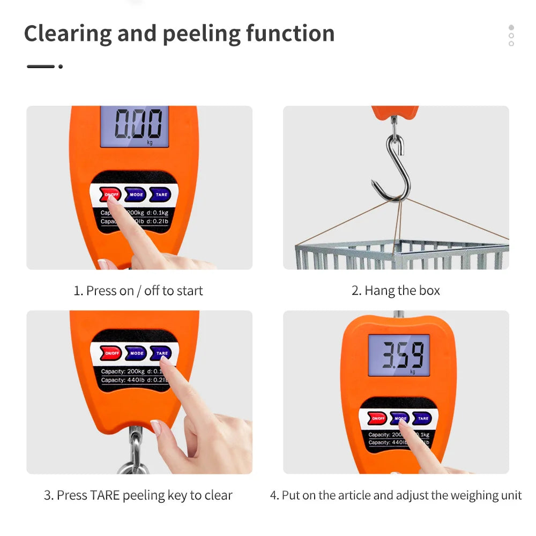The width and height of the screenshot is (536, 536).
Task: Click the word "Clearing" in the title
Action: click(x=68, y=34)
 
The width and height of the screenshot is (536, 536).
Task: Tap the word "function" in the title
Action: click(x=290, y=34)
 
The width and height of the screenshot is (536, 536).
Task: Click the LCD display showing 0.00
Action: click(x=135, y=126)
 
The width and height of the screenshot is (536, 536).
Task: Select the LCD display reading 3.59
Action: click(x=399, y=354)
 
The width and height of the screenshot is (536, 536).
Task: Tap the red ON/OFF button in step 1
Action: click(x=110, y=195)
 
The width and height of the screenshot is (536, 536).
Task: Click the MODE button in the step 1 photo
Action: click(x=136, y=195)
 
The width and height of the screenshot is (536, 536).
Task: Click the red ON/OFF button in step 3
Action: click(x=111, y=353)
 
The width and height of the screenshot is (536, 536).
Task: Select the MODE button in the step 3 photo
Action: click(x=137, y=353)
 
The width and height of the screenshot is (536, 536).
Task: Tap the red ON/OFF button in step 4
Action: click(x=378, y=419)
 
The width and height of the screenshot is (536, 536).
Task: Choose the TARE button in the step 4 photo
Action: click(x=423, y=419)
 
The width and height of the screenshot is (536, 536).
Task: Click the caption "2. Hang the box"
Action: click(x=396, y=291)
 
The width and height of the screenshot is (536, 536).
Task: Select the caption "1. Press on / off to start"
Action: click(x=138, y=291)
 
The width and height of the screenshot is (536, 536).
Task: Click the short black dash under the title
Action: click(x=41, y=66)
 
